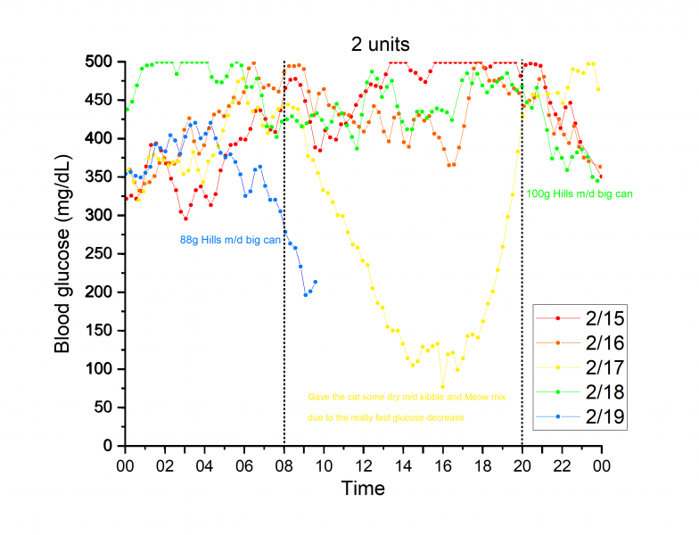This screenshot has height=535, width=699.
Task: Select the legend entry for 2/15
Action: [583, 317]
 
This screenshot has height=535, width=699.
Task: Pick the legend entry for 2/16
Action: [583, 342]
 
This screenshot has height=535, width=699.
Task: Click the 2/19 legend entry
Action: [583, 416]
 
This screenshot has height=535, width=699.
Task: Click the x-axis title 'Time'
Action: [363, 489]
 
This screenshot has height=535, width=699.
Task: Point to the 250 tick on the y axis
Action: [105, 253]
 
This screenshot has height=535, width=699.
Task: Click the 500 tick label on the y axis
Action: [105, 62]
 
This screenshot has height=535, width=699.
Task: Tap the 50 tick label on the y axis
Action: [109, 407]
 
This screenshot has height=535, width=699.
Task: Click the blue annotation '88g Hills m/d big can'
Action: [230, 240]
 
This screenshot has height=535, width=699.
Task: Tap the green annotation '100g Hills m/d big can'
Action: [580, 193]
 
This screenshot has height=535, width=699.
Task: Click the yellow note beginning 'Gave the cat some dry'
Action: [407, 397]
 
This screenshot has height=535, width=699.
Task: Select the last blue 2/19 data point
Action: [316, 282]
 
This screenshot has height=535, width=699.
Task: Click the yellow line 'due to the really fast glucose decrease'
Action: [387, 417]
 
